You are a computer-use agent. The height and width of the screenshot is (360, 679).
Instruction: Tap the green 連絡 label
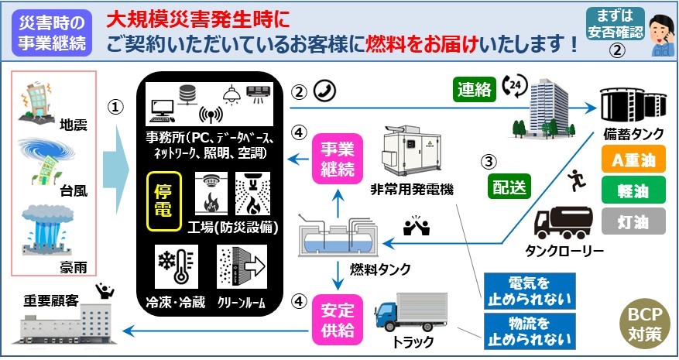tap(475, 90)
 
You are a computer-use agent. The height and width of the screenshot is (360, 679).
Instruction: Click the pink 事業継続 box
tap(337, 157)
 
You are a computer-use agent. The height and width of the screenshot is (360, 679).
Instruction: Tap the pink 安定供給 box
tap(337, 319)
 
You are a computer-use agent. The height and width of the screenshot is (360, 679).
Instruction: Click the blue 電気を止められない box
tap(529, 291)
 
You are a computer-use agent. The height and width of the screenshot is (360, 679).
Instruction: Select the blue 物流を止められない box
tap(529, 329)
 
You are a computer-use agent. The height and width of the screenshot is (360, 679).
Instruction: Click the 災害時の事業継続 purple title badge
tap(51, 34)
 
